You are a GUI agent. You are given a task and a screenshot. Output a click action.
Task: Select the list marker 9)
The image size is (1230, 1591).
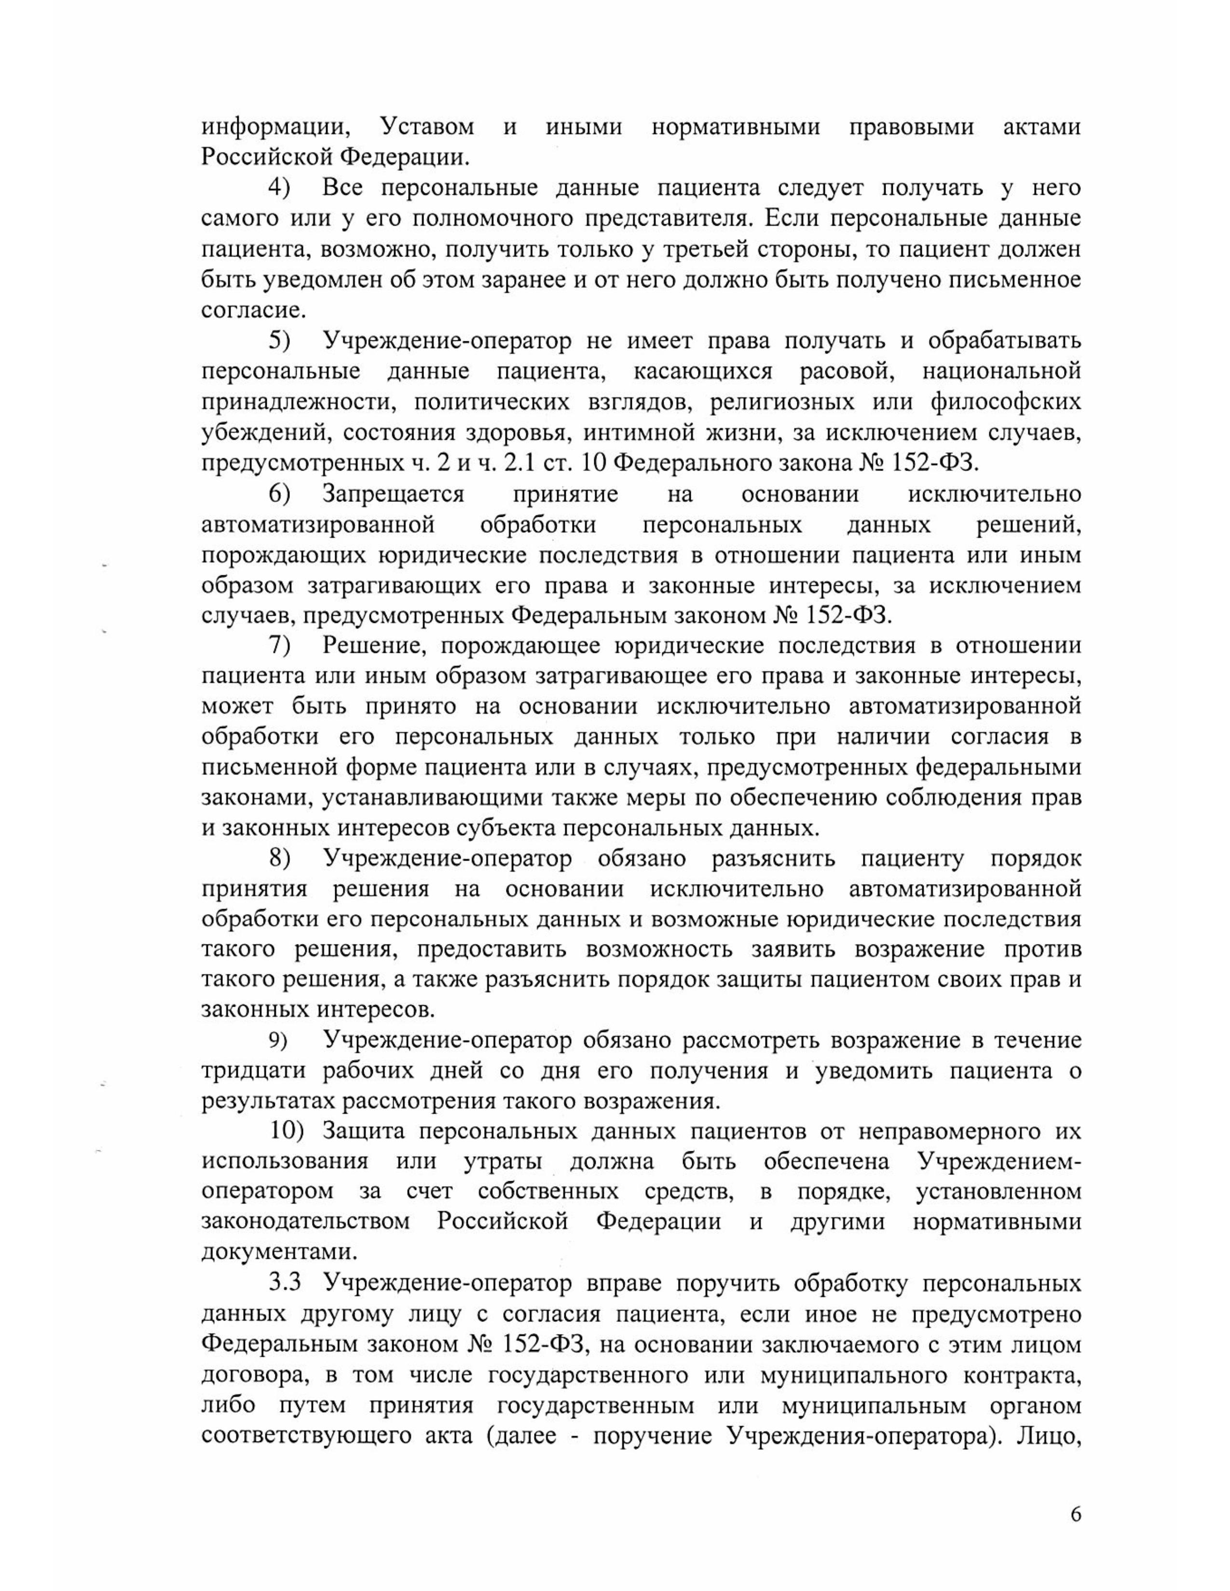(279, 1041)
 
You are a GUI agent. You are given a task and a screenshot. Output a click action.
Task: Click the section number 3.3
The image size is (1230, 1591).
(285, 1283)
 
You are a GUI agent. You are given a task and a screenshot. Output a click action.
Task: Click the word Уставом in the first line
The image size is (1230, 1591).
(427, 127)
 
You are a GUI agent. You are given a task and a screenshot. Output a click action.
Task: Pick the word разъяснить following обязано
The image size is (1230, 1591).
(773, 858)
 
